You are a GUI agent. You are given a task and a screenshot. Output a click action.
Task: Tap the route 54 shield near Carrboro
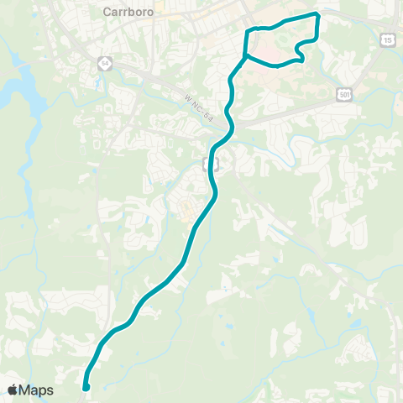[x=104, y=62]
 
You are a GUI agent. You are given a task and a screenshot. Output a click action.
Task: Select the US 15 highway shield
[x=387, y=39]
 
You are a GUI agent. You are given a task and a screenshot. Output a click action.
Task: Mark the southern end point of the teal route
[x=86, y=387]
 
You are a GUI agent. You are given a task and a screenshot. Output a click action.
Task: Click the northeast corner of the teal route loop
[x=318, y=14]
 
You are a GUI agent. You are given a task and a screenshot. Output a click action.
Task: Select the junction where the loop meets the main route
[x=243, y=58]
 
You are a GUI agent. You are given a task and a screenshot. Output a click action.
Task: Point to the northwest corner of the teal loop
[x=247, y=30]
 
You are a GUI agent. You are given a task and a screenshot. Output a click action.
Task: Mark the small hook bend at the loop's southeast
[x=301, y=60]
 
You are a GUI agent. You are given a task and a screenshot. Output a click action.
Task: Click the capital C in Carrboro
[x=106, y=12]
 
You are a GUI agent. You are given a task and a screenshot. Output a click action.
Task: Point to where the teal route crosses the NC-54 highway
[x=228, y=123]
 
